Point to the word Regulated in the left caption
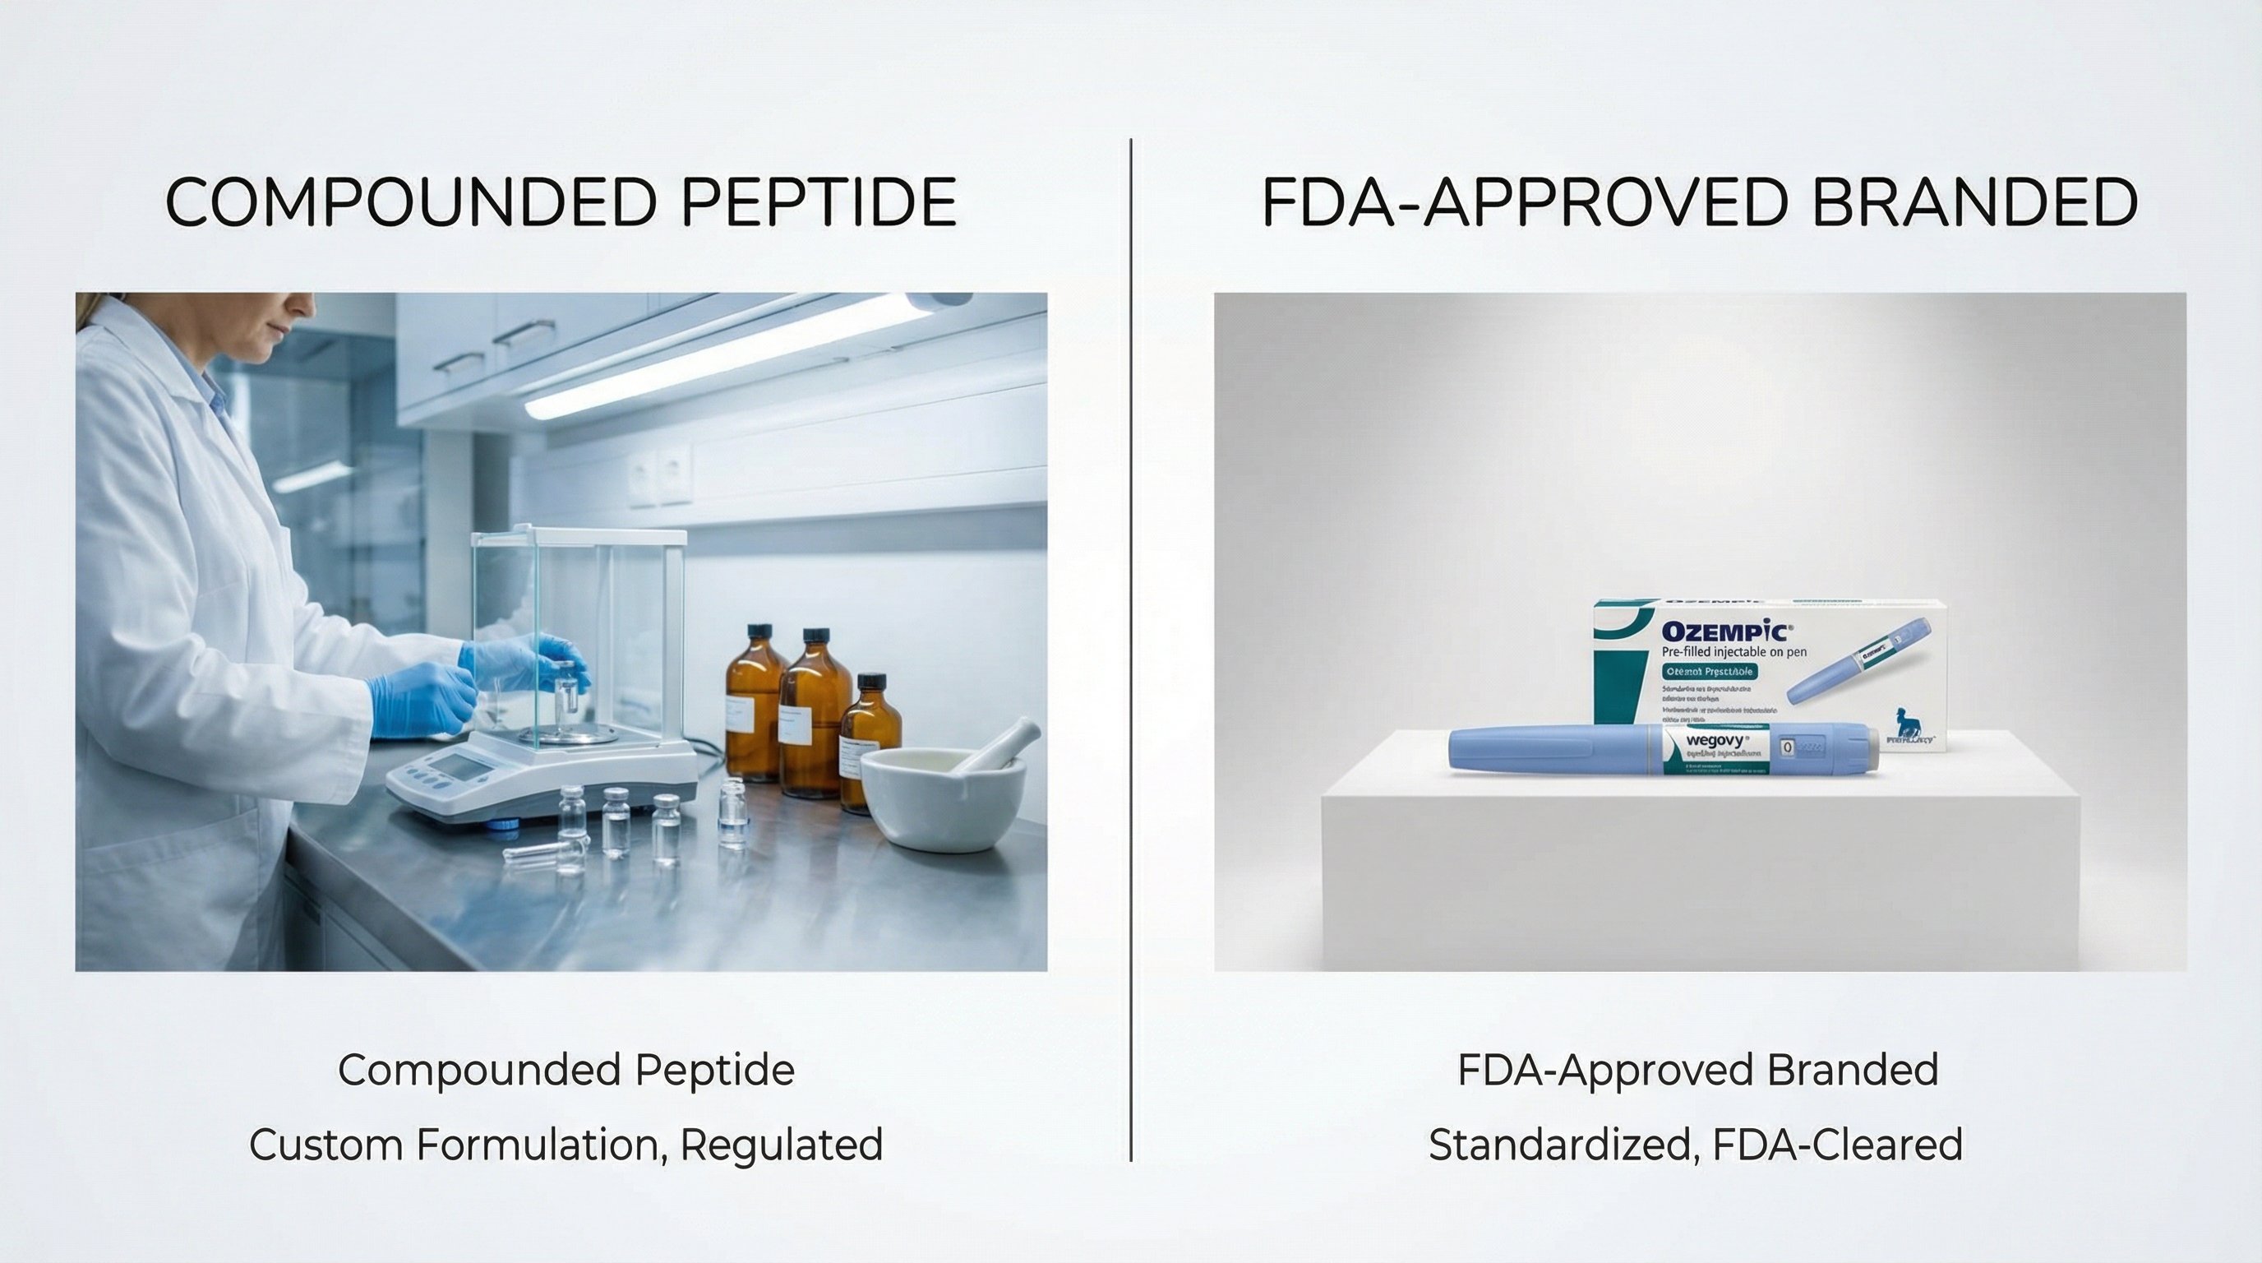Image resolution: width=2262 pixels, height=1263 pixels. click(x=782, y=1145)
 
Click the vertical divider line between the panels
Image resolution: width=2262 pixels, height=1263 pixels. click(x=1131, y=650)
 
